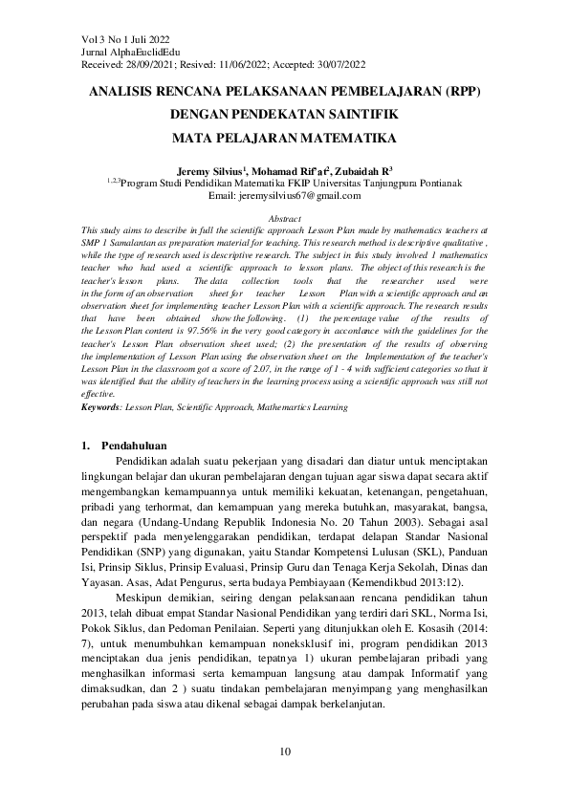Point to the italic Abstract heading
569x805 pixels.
pos(285,219)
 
